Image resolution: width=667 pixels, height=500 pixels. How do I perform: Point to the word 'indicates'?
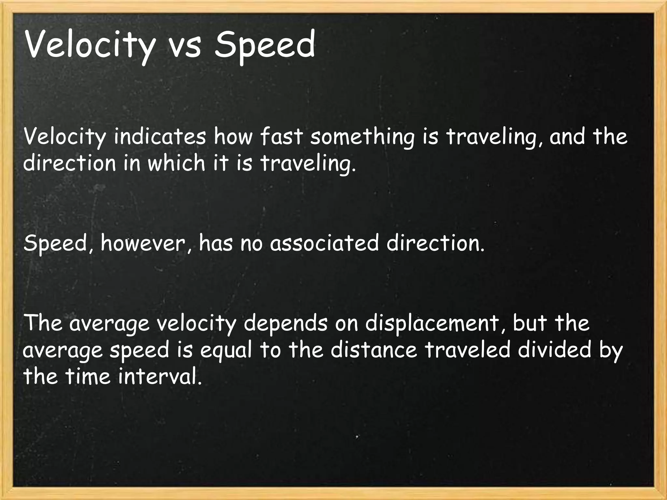[160, 137]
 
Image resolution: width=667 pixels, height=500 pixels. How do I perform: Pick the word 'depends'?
[286, 324]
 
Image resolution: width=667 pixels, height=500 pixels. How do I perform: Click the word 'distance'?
[374, 350]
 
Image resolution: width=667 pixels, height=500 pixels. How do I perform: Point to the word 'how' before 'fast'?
[233, 137]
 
